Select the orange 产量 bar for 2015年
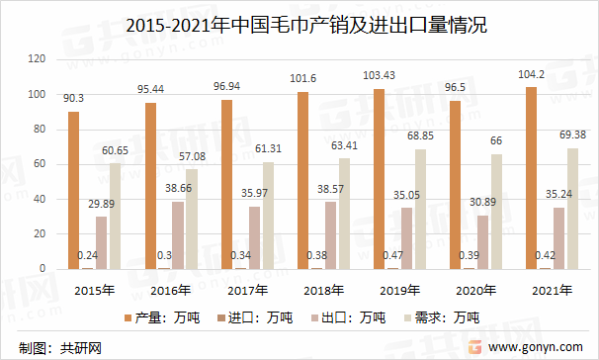coord(73,190)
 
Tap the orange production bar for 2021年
coord(532,178)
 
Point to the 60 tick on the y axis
coord(41,164)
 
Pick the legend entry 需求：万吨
coord(444,317)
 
